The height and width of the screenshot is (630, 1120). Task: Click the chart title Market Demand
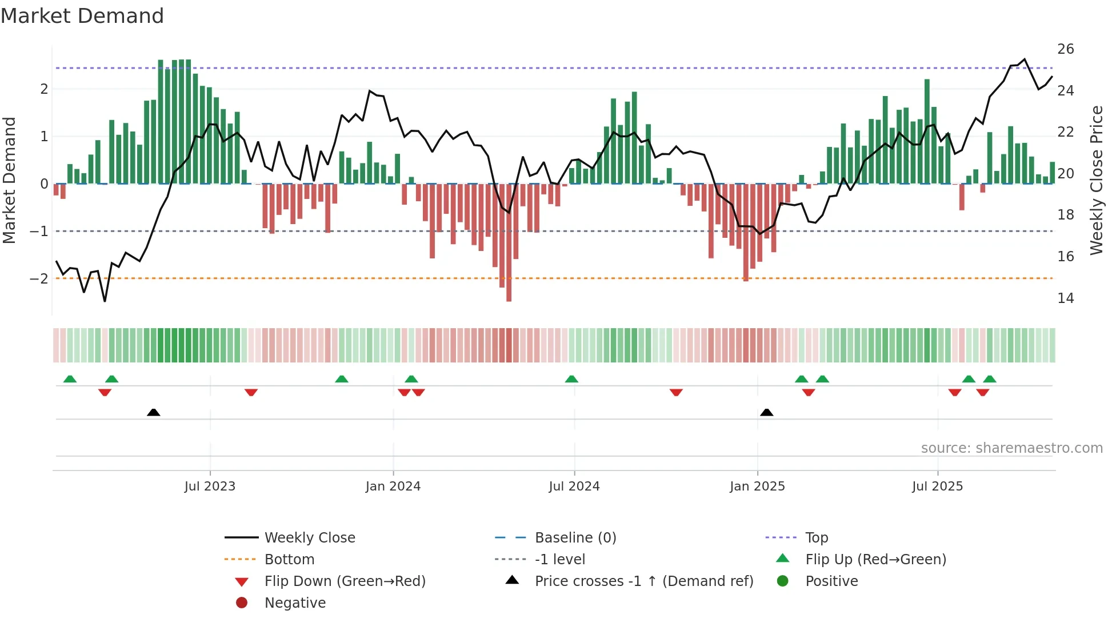(82, 16)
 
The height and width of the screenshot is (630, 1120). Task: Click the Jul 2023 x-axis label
(210, 487)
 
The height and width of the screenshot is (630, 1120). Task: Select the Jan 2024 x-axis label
(393, 487)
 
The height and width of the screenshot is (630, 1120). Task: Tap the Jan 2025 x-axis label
(757, 487)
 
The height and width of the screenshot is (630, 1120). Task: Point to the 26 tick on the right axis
(1065, 49)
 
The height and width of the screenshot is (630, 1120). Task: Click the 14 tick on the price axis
(1065, 298)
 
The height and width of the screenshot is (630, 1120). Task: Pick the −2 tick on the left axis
(39, 279)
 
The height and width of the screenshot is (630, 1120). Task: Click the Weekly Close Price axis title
(1096, 180)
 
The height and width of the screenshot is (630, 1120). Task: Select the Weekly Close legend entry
(309, 538)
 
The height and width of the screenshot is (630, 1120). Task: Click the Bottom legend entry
(289, 560)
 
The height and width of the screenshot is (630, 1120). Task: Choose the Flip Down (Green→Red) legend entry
(345, 581)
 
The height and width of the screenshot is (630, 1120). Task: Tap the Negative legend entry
(295, 603)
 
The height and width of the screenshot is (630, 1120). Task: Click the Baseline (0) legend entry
(575, 538)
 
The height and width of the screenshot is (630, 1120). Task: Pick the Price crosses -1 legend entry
(643, 581)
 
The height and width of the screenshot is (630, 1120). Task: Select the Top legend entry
(816, 538)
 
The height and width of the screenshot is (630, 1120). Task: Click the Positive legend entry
(831, 581)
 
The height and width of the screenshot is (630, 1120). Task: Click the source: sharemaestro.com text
(1011, 448)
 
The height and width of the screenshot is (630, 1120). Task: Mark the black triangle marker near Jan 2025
(767, 412)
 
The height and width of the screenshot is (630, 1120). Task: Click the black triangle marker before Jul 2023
(153, 412)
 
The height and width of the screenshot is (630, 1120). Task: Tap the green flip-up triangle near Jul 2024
(571, 379)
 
